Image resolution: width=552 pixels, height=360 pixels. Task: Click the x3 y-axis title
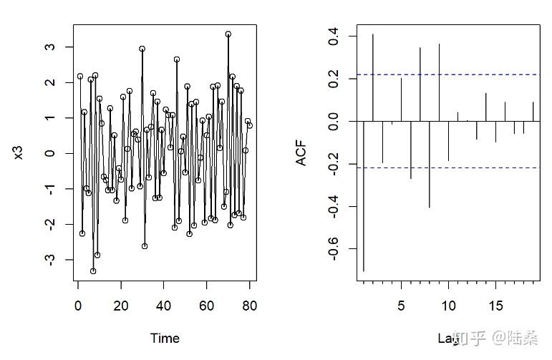click(x=19, y=152)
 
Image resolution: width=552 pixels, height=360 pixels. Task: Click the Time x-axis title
click(x=165, y=338)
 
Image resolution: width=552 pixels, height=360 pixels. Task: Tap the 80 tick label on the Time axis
click(x=249, y=306)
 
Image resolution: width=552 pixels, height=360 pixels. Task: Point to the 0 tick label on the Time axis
click(x=78, y=306)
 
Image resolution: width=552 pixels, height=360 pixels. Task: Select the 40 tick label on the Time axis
click(x=164, y=306)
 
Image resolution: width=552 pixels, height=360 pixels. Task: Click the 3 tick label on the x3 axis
click(x=49, y=47)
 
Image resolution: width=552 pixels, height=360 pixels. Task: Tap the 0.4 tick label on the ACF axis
click(x=333, y=36)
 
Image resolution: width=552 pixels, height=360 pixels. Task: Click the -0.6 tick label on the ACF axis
click(x=333, y=249)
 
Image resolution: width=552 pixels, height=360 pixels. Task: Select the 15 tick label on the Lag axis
click(x=495, y=306)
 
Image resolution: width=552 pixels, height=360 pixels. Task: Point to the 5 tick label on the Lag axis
click(x=401, y=306)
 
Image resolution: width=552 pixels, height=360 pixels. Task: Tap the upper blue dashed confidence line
click(x=444, y=74)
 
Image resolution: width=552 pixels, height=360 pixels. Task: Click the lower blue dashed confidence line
click(x=444, y=168)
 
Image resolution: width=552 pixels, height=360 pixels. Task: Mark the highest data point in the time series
click(x=228, y=34)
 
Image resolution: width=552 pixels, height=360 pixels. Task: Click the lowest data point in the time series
click(x=93, y=271)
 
